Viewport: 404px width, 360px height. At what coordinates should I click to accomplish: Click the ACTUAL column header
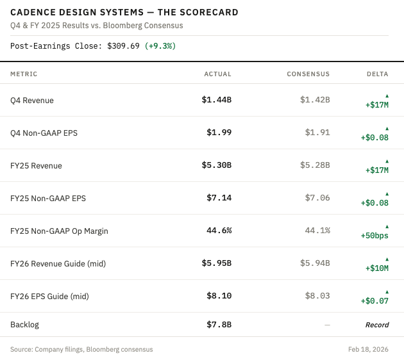(x=218, y=74)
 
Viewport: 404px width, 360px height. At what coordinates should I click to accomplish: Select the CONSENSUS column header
(x=308, y=74)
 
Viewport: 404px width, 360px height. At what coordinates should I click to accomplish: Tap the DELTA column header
(x=378, y=74)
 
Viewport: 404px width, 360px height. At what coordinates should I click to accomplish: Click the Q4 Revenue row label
(x=32, y=101)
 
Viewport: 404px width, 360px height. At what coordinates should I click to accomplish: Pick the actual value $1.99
(x=219, y=132)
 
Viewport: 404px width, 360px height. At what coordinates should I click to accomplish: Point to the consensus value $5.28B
(x=315, y=165)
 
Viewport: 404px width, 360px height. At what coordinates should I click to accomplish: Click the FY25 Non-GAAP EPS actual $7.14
(x=219, y=198)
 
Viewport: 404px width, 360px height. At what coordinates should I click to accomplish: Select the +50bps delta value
(x=375, y=236)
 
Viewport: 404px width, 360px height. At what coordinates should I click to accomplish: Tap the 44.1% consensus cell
(x=317, y=231)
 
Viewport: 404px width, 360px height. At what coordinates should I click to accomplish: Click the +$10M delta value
(x=377, y=268)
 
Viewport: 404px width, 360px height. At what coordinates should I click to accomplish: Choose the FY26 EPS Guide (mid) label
(x=49, y=297)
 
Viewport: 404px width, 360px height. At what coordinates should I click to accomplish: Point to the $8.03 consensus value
(x=317, y=296)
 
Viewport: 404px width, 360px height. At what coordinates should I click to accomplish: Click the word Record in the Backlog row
(x=377, y=325)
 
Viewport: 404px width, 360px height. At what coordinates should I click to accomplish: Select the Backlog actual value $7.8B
(x=219, y=325)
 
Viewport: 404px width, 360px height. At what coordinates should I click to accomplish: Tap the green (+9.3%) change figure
(x=160, y=46)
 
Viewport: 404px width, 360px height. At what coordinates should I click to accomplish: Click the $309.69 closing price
(x=123, y=46)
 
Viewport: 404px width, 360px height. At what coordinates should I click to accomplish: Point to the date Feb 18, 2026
(x=368, y=350)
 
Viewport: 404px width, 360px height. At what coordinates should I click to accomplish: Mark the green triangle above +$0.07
(x=387, y=292)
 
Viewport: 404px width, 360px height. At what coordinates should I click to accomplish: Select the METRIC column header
(x=24, y=74)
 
